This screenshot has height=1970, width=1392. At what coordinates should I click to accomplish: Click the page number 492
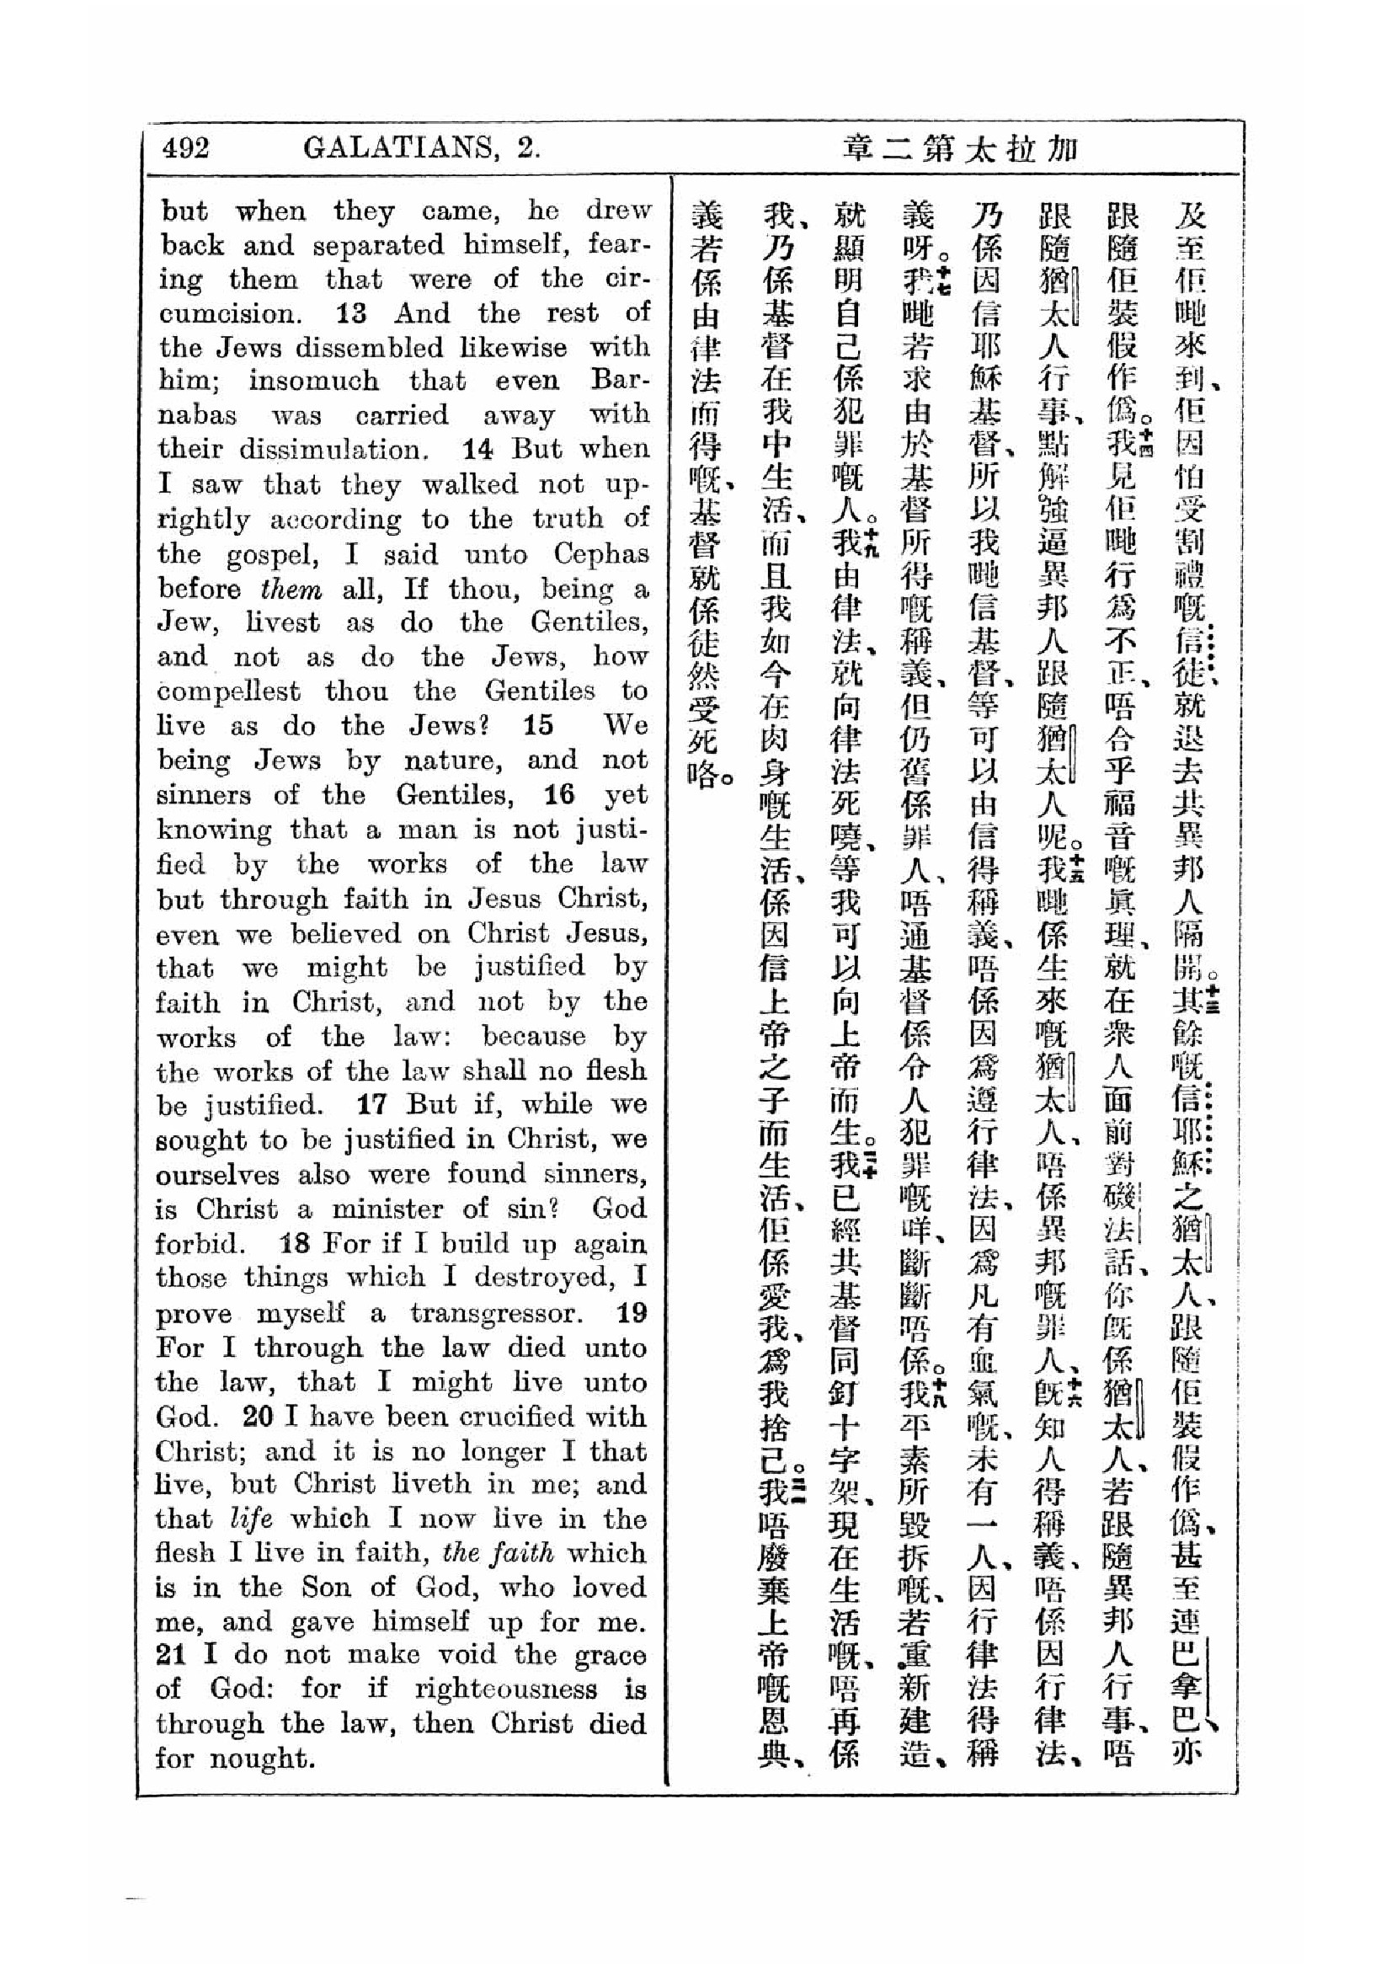(x=185, y=148)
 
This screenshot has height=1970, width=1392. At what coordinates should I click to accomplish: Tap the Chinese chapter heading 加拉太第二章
(x=957, y=150)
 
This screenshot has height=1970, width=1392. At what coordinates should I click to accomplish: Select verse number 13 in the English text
(x=352, y=313)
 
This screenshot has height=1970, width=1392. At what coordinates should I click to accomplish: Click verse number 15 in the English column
(x=539, y=726)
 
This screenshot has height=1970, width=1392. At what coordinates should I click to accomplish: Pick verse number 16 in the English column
(x=558, y=795)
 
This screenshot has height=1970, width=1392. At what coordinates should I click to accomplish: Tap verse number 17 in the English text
(x=372, y=1104)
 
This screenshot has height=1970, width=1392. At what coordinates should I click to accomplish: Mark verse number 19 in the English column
(x=632, y=1313)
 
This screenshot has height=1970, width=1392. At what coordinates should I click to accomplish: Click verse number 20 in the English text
(x=258, y=1417)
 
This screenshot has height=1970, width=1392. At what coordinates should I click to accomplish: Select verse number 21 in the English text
(x=171, y=1655)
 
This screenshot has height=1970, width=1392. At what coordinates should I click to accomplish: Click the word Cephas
(x=600, y=554)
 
